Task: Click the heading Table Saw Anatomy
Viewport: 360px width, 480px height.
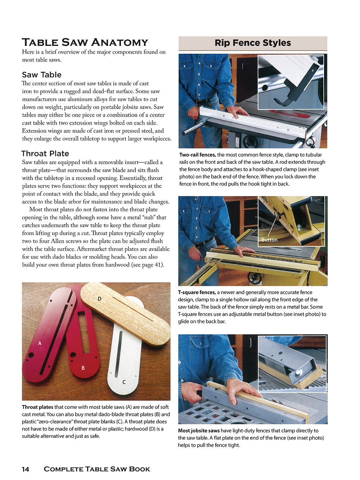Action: [x=85, y=42]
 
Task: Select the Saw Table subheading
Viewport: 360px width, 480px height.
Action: [x=42, y=75]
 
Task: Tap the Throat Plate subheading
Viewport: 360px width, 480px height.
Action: [x=45, y=154]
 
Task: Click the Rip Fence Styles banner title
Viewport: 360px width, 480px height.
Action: [x=253, y=43]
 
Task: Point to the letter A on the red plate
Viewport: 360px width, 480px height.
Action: [x=40, y=344]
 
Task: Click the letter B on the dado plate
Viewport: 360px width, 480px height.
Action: [x=83, y=368]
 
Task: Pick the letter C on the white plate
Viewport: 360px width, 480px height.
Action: [x=124, y=382]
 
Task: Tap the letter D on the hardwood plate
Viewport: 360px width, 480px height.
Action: [x=100, y=299]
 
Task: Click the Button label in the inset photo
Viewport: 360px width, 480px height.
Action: [x=269, y=240]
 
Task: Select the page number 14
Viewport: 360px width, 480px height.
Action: [x=26, y=469]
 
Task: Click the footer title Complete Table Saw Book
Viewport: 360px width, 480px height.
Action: [x=97, y=469]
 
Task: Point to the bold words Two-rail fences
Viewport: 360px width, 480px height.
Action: [x=198, y=155]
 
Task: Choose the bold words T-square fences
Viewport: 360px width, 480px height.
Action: [x=197, y=292]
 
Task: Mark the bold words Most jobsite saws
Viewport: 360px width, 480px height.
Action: [x=199, y=431]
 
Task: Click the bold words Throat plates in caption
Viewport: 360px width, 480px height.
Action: [x=38, y=407]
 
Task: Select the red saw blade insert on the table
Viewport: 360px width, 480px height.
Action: [x=290, y=114]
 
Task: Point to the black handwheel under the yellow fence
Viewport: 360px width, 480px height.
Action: [x=255, y=278]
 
